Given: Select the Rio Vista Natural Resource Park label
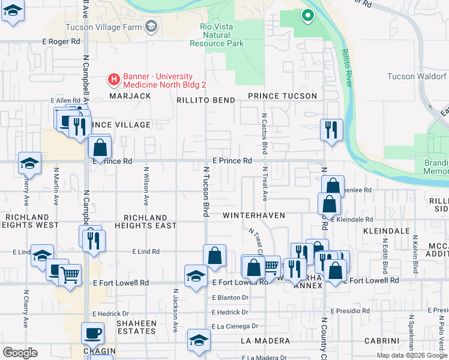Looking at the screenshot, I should [217, 35].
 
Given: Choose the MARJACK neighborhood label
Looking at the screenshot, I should [129, 96].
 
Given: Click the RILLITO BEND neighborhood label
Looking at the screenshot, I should [205, 100].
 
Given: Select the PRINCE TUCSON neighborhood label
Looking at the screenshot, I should [282, 96].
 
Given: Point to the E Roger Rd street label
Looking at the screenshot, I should [61, 41].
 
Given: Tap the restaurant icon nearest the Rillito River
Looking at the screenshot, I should [331, 129].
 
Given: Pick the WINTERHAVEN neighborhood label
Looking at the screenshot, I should [253, 215].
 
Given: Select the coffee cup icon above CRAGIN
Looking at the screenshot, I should [92, 332].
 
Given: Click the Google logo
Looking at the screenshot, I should [20, 353].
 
